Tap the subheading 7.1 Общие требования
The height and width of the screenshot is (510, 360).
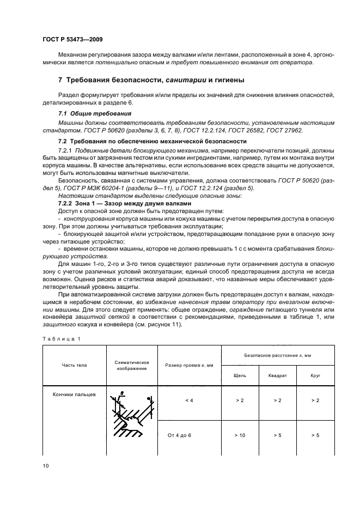pos(94,113)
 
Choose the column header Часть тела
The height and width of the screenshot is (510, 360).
pos(74,365)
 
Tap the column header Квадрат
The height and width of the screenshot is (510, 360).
pos(277,375)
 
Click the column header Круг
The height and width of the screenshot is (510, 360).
pos(315,375)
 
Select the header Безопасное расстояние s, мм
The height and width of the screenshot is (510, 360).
pos(277,355)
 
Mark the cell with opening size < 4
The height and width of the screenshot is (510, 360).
pos(189,400)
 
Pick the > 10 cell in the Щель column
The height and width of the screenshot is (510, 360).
pos(240,435)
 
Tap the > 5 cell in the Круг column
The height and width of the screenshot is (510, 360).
pos(315,435)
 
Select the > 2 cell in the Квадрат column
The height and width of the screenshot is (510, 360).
pos(277,400)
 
